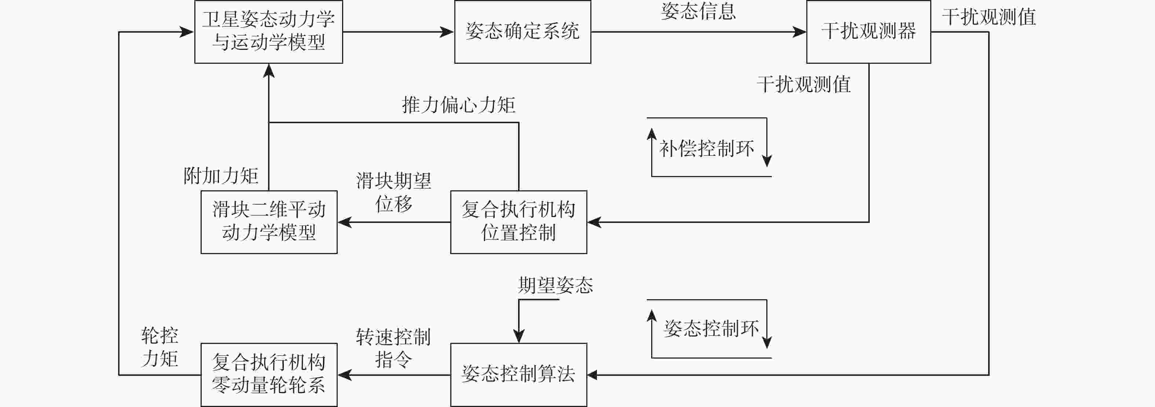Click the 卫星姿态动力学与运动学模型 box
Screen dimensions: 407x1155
pyautogui.click(x=268, y=32)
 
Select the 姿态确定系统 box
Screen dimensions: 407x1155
pyautogui.click(x=522, y=32)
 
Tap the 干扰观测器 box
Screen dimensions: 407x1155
pyautogui.click(x=869, y=32)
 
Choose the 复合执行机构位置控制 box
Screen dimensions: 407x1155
pyautogui.click(x=518, y=222)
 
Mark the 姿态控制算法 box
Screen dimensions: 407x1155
pyautogui.click(x=518, y=375)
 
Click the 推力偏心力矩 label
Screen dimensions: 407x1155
pyautogui.click(x=458, y=105)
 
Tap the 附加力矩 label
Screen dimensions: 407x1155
pyautogui.click(x=221, y=176)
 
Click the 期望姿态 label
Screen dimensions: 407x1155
pyautogui.click(x=555, y=285)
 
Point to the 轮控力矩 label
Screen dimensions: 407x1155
pyautogui.click(x=159, y=347)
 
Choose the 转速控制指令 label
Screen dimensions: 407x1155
pyautogui.click(x=393, y=348)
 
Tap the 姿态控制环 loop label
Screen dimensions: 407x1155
pyautogui.click(x=711, y=329)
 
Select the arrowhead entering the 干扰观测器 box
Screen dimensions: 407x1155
pyautogui.click(x=799, y=32)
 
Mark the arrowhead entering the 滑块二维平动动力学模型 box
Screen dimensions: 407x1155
pyautogui.click(x=344, y=222)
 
